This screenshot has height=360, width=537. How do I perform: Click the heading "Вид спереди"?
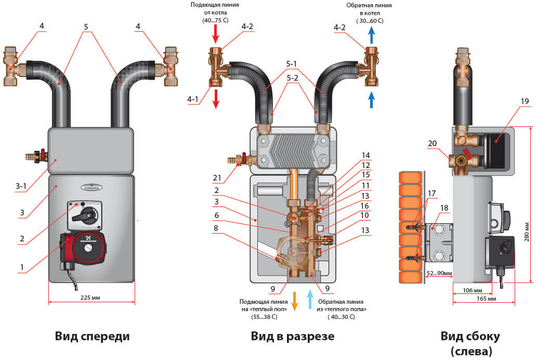click(x=92, y=336)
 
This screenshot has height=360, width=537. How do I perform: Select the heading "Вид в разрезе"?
click(x=293, y=336)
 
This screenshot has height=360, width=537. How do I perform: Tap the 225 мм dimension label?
click(x=90, y=299)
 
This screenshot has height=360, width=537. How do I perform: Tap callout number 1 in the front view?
click(x=21, y=267)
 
